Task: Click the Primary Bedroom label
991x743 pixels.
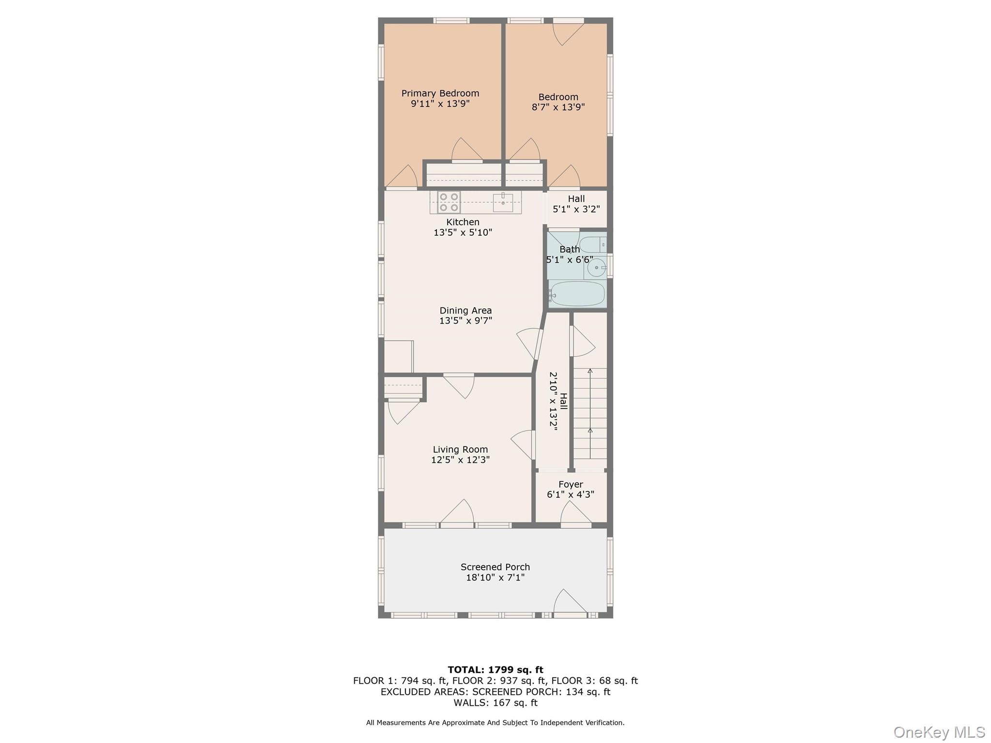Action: pyautogui.click(x=440, y=93)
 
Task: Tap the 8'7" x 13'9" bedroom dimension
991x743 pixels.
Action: pyautogui.click(x=558, y=107)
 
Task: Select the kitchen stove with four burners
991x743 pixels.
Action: pyautogui.click(x=449, y=202)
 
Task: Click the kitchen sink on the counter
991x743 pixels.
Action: pyautogui.click(x=503, y=202)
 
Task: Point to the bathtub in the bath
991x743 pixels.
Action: pyautogui.click(x=577, y=294)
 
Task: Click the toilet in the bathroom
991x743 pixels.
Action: pyautogui.click(x=592, y=244)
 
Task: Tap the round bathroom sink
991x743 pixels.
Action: pyautogui.click(x=597, y=267)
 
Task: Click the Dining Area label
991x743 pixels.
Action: pyautogui.click(x=465, y=311)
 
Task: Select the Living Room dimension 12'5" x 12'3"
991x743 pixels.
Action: pyautogui.click(x=460, y=460)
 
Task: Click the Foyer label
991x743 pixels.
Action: pyautogui.click(x=571, y=484)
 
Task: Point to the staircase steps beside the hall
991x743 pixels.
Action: pyautogui.click(x=590, y=414)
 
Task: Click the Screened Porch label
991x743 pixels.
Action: pyautogui.click(x=495, y=567)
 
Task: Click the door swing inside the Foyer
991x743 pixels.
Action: pyautogui.click(x=576, y=514)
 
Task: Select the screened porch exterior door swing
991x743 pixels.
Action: pyautogui.click(x=569, y=602)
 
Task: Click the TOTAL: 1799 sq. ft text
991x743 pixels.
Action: pyautogui.click(x=495, y=670)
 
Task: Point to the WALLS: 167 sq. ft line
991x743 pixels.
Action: pyautogui.click(x=495, y=703)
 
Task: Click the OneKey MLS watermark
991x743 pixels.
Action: pyautogui.click(x=939, y=732)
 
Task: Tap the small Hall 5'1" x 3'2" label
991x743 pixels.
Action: pyautogui.click(x=576, y=204)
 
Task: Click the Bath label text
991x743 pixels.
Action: pyautogui.click(x=570, y=250)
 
